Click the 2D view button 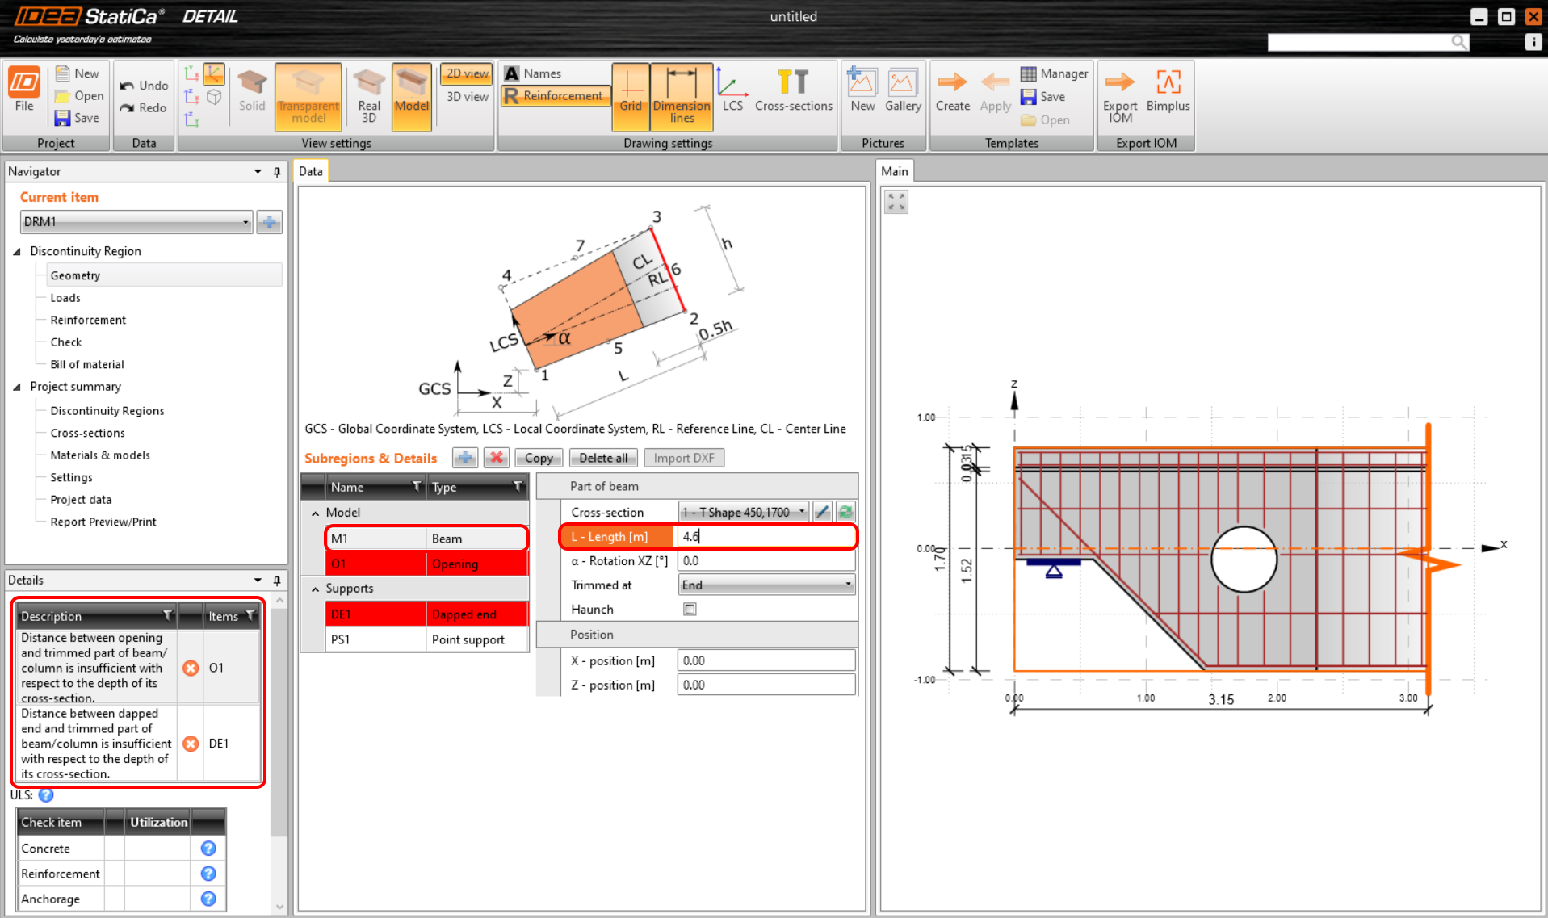tap(467, 73)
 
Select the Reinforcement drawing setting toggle tap(555, 96)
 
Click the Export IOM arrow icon tap(1119, 82)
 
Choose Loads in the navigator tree tap(65, 298)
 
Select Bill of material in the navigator tap(87, 364)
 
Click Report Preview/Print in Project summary tap(103, 522)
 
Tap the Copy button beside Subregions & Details tap(539, 458)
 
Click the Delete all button tap(603, 458)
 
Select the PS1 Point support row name tap(340, 639)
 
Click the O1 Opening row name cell tap(338, 564)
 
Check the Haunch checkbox tap(690, 610)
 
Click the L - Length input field tap(765, 536)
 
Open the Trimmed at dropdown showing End tap(766, 585)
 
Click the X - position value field tap(765, 660)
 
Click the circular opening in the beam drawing tap(1244, 560)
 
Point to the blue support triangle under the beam tap(1053, 571)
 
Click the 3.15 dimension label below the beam tap(1221, 699)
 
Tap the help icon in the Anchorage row tap(208, 899)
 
